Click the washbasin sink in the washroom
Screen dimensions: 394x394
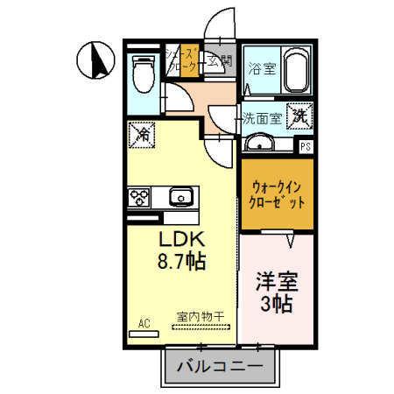tap(259, 144)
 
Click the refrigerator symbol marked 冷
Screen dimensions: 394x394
tap(142, 135)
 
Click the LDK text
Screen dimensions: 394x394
tap(181, 238)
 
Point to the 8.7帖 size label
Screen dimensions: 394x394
tap(182, 260)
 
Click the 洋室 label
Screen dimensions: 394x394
tap(277, 282)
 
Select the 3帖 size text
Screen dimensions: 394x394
tap(277, 305)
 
